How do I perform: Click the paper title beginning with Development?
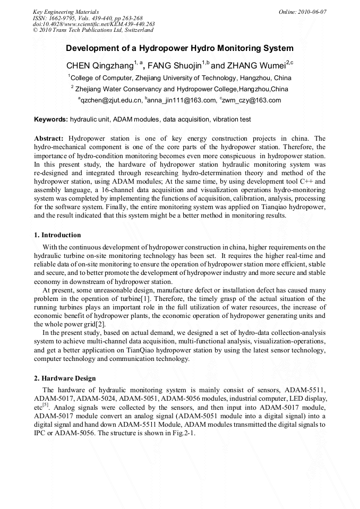[x=179, y=48]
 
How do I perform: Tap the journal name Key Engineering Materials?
[x=65, y=11]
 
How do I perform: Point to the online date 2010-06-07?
[x=310, y=11]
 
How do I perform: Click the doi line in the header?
[x=93, y=24]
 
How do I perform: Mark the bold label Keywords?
[x=51, y=120]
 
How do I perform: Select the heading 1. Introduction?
[x=57, y=235]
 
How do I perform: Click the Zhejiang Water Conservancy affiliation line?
[x=180, y=89]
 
